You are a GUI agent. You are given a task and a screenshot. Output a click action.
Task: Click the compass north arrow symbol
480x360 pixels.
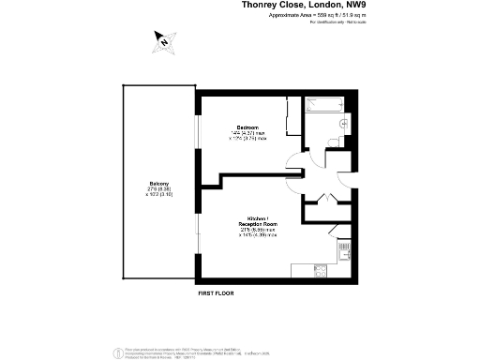163,40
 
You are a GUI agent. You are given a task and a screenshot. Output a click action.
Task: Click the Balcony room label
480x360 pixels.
157,184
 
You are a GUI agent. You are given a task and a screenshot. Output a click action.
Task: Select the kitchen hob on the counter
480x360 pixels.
318,273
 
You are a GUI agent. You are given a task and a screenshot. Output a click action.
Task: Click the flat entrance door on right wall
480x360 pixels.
343,178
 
